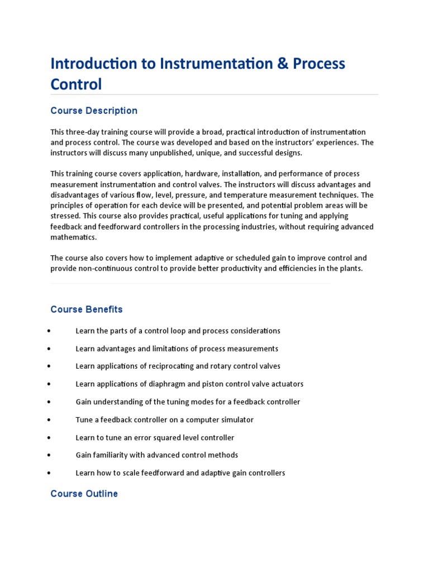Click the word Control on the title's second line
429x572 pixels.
76,84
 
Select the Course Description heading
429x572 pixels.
94,111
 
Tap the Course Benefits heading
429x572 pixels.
87,309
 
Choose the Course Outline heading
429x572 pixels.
84,494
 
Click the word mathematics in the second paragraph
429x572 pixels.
73,237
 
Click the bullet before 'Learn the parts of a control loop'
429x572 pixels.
50,331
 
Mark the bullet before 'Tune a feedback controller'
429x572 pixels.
50,420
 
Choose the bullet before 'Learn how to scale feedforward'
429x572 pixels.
50,473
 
